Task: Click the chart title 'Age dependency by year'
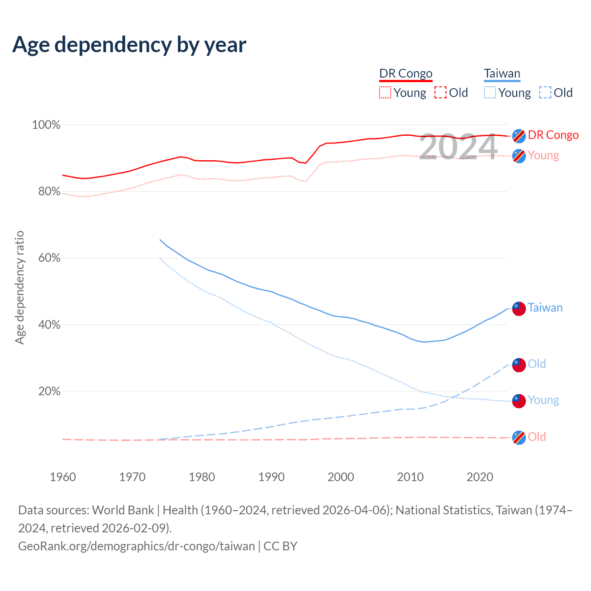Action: click(x=129, y=45)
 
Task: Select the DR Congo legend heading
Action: click(x=406, y=73)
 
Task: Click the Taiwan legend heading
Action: click(x=502, y=73)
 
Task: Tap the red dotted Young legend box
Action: click(x=385, y=92)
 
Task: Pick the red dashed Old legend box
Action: click(x=440, y=92)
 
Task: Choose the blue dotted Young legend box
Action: click(x=490, y=92)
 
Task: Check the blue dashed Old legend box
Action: click(x=545, y=92)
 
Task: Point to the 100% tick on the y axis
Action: click(x=46, y=125)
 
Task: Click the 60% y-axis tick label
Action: click(x=49, y=258)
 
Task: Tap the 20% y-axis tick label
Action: click(x=49, y=392)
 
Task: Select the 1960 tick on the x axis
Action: click(x=63, y=477)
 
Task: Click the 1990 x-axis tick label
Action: click(x=271, y=477)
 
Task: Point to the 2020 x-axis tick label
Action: click(x=480, y=477)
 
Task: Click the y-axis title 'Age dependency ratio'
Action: click(x=19, y=287)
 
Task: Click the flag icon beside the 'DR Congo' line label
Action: click(x=519, y=136)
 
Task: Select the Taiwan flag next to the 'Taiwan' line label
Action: click(x=519, y=308)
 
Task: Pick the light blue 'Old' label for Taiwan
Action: click(x=537, y=364)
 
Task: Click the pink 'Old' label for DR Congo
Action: click(x=537, y=437)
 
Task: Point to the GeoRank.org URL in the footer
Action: click(x=137, y=546)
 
